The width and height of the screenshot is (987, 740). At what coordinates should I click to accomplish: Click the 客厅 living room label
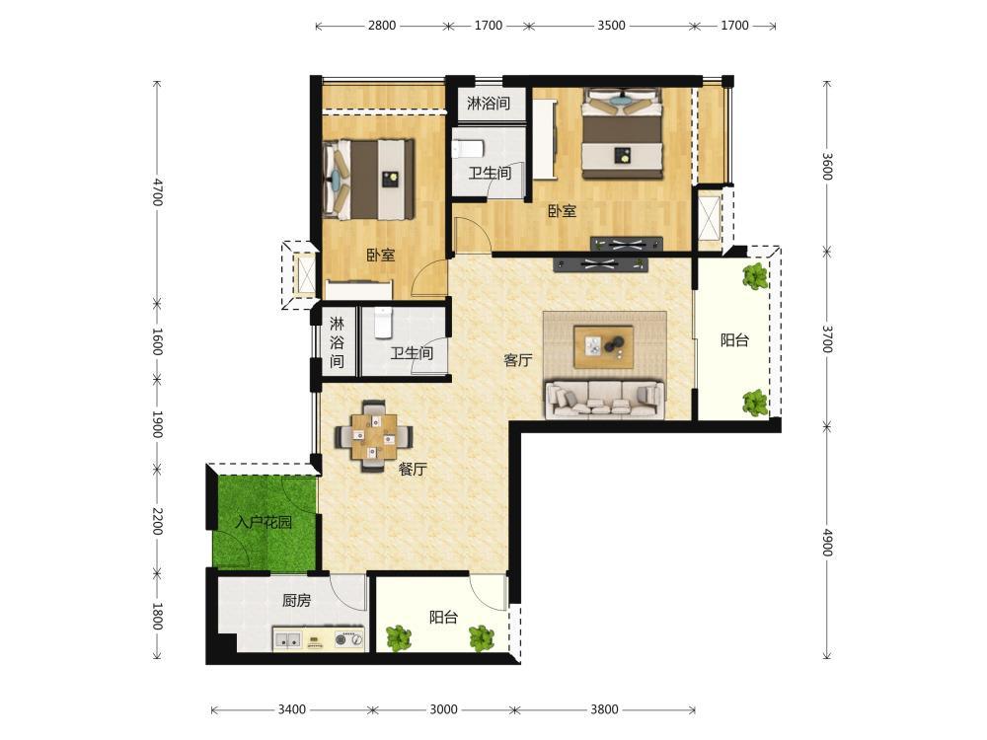pos(518,360)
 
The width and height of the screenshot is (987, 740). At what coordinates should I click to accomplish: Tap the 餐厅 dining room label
pos(413,469)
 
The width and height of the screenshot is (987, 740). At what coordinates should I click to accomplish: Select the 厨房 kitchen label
pos(296,600)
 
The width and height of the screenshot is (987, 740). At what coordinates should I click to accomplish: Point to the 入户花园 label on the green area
pos(264,522)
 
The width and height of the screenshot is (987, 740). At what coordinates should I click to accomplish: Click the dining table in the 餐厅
pos(374,435)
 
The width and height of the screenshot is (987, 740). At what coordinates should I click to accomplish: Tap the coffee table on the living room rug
pos(603,346)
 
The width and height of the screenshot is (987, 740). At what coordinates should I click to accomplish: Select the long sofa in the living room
pos(605,400)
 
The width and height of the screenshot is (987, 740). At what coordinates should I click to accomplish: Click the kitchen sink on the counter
pos(287,638)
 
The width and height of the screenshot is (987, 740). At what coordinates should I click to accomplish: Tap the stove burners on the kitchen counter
pos(349,638)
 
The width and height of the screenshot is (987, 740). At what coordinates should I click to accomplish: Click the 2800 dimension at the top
pos(382,26)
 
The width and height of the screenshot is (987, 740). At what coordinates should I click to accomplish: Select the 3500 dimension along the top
pos(611,26)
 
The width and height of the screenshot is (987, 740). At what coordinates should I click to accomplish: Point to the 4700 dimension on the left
pos(157,192)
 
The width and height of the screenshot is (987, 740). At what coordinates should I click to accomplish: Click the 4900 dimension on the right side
pos(828,543)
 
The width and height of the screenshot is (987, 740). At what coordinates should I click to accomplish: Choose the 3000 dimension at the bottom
pos(443,709)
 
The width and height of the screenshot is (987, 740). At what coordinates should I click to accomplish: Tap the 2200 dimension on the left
pos(157,521)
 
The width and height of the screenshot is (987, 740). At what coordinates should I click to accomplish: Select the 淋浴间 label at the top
pos(489,103)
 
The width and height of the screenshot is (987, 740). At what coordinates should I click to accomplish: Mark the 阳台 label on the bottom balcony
pos(444,618)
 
